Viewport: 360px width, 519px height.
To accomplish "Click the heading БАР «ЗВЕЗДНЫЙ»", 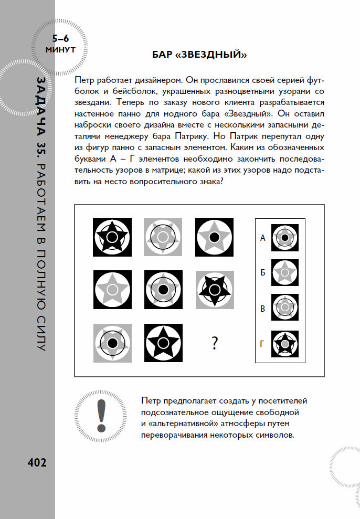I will pos(199,54).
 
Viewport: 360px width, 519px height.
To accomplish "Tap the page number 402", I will pos(37,462).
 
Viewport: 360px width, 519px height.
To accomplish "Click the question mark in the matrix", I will pos(214,343).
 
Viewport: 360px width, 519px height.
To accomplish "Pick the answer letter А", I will pos(263,238).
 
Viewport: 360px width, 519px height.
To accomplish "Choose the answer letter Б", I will pos(263,273).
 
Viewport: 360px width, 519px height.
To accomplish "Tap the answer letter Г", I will pos(263,344).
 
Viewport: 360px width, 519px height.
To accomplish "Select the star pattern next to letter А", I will pos(284,238).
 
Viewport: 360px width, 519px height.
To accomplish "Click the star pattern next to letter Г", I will pos(284,344).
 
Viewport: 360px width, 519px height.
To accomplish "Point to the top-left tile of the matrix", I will pos(112,237).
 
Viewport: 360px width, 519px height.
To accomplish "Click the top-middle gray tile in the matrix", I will pos(163,237).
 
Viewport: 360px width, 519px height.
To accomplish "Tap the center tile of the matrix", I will pos(163,289).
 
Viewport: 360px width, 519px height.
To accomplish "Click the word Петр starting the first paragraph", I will pos(86,80).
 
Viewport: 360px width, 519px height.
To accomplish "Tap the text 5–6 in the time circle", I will pos(60,38).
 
